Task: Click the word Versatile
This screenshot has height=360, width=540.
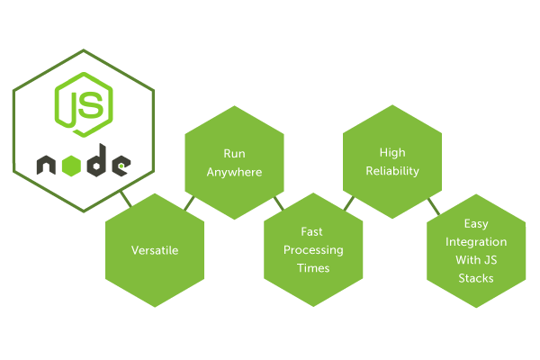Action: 155,250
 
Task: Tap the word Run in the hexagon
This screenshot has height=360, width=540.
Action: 234,153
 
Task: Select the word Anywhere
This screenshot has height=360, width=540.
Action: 234,171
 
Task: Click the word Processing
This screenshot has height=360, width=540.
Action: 313,250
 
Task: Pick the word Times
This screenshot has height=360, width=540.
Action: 313,268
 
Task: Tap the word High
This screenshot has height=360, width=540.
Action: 393,153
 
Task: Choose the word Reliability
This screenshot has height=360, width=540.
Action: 393,171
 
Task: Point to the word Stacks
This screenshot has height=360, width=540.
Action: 476,278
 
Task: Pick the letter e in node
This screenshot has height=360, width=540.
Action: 121,166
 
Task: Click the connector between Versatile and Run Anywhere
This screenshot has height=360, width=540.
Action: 190,202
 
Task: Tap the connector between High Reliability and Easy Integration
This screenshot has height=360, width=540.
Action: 432,206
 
